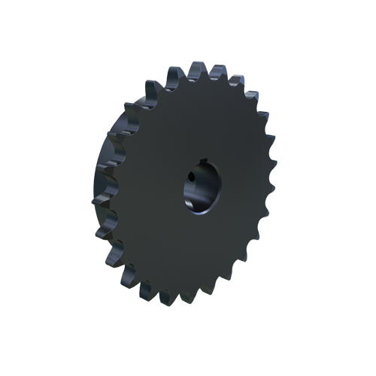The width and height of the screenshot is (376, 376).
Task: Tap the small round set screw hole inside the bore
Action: pyautogui.click(x=191, y=178)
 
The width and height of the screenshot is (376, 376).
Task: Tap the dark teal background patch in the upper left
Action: pyautogui.click(x=113, y=83)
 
